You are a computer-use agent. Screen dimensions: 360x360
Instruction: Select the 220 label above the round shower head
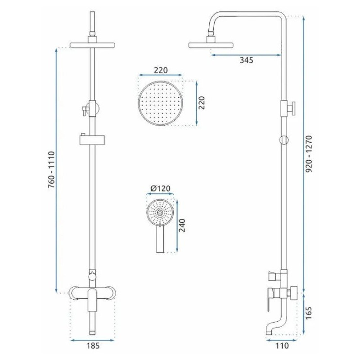161,70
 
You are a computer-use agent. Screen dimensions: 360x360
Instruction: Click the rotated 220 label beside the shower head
202,103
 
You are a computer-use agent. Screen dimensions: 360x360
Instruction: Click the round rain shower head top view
161,103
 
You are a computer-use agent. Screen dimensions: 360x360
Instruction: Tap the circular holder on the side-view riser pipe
283,139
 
